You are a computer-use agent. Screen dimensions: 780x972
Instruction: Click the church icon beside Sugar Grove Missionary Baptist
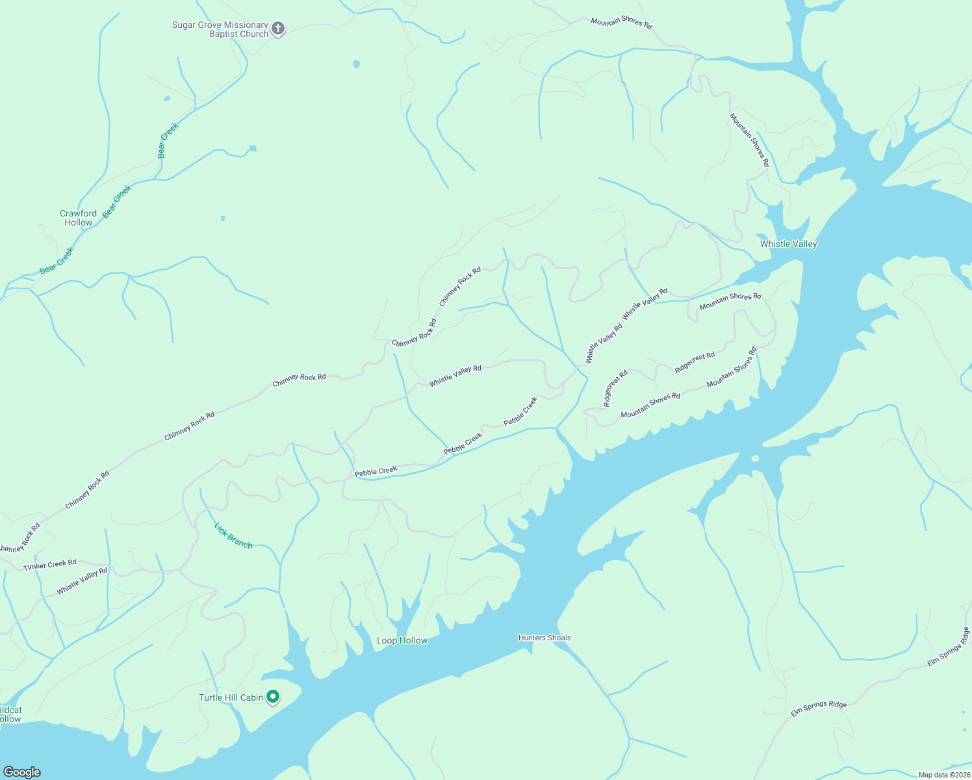pos(278,29)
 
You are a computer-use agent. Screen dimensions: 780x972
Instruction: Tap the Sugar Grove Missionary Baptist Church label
pos(220,30)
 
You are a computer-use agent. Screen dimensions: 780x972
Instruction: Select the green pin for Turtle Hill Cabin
pos(274,697)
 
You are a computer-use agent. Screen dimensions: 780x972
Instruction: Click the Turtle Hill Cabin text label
pos(231,697)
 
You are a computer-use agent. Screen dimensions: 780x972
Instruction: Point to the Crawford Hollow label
pos(79,218)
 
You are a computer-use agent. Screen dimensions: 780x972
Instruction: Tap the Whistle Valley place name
pos(788,244)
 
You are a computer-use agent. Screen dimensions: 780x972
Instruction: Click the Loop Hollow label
pos(402,640)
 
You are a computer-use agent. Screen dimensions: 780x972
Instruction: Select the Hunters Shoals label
pos(544,638)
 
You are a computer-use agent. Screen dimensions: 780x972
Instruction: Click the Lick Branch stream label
pos(233,536)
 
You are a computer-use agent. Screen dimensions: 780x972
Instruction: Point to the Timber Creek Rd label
pos(50,565)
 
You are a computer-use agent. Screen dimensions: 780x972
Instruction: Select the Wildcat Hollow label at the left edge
pos(10,714)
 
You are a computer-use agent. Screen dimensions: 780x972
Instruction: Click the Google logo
pos(22,772)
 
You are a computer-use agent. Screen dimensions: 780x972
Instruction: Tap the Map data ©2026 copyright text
pos(944,775)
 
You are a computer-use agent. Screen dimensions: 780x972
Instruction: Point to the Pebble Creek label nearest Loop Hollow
pos(376,471)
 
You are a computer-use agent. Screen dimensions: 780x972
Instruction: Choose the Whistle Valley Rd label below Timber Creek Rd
pos(82,581)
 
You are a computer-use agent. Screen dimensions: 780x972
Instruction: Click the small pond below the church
pos(356,64)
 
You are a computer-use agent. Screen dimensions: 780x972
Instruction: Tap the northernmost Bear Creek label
pos(168,141)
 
